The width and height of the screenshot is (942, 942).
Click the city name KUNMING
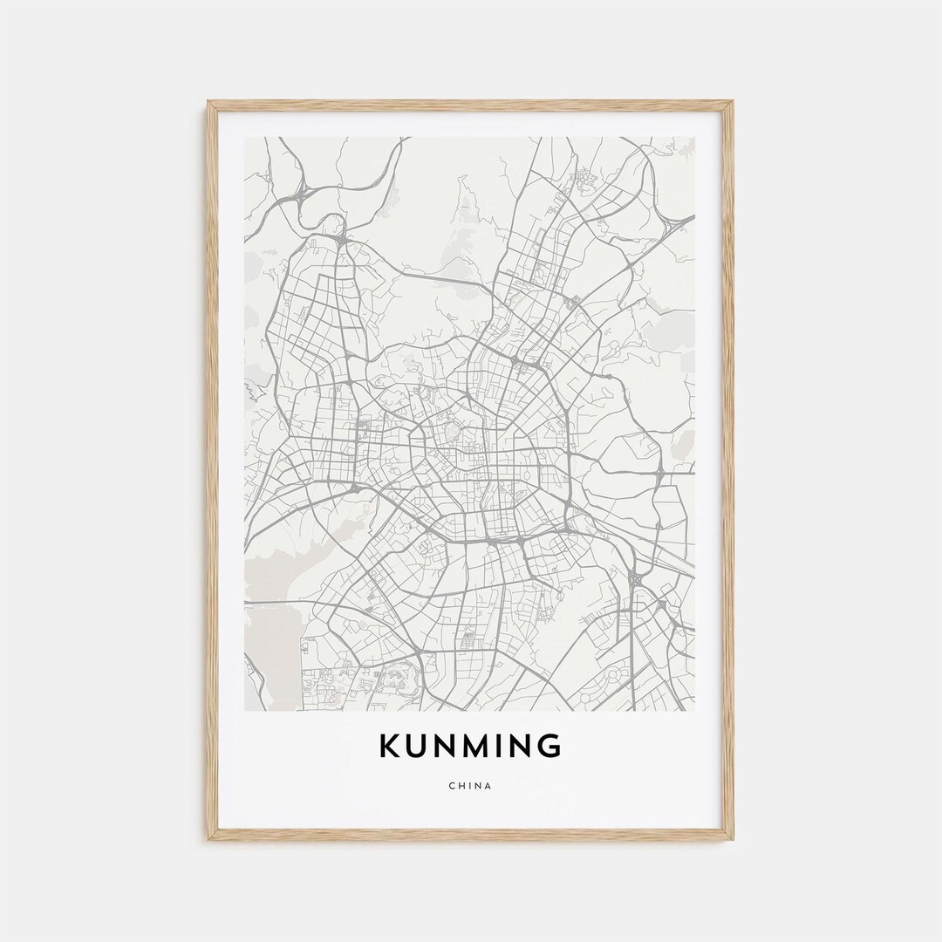[x=470, y=747]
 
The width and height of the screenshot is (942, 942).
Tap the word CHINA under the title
[x=470, y=786]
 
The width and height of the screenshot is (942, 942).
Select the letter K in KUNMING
[x=390, y=747]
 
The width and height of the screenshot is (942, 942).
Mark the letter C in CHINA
[x=452, y=786]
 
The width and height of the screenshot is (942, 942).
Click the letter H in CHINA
[x=461, y=786]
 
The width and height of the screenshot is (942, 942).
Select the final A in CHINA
[x=488, y=786]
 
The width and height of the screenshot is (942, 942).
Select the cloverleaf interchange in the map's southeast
[x=638, y=578]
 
